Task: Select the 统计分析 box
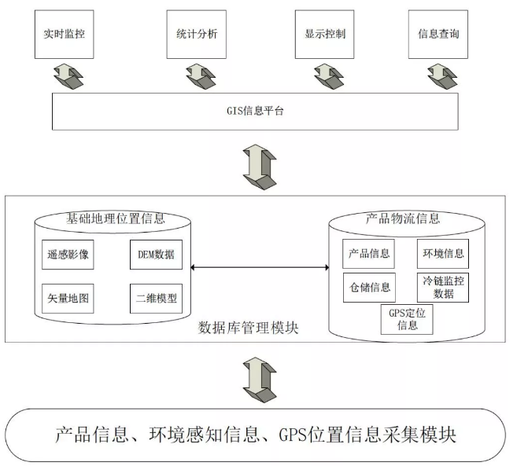pos(193,35)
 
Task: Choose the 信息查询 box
pos(438,35)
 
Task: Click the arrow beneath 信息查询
pos(438,76)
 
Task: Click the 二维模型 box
pos(155,299)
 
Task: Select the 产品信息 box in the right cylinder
pos(368,255)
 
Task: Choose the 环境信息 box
pos(442,255)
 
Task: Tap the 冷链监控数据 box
pos(442,287)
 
